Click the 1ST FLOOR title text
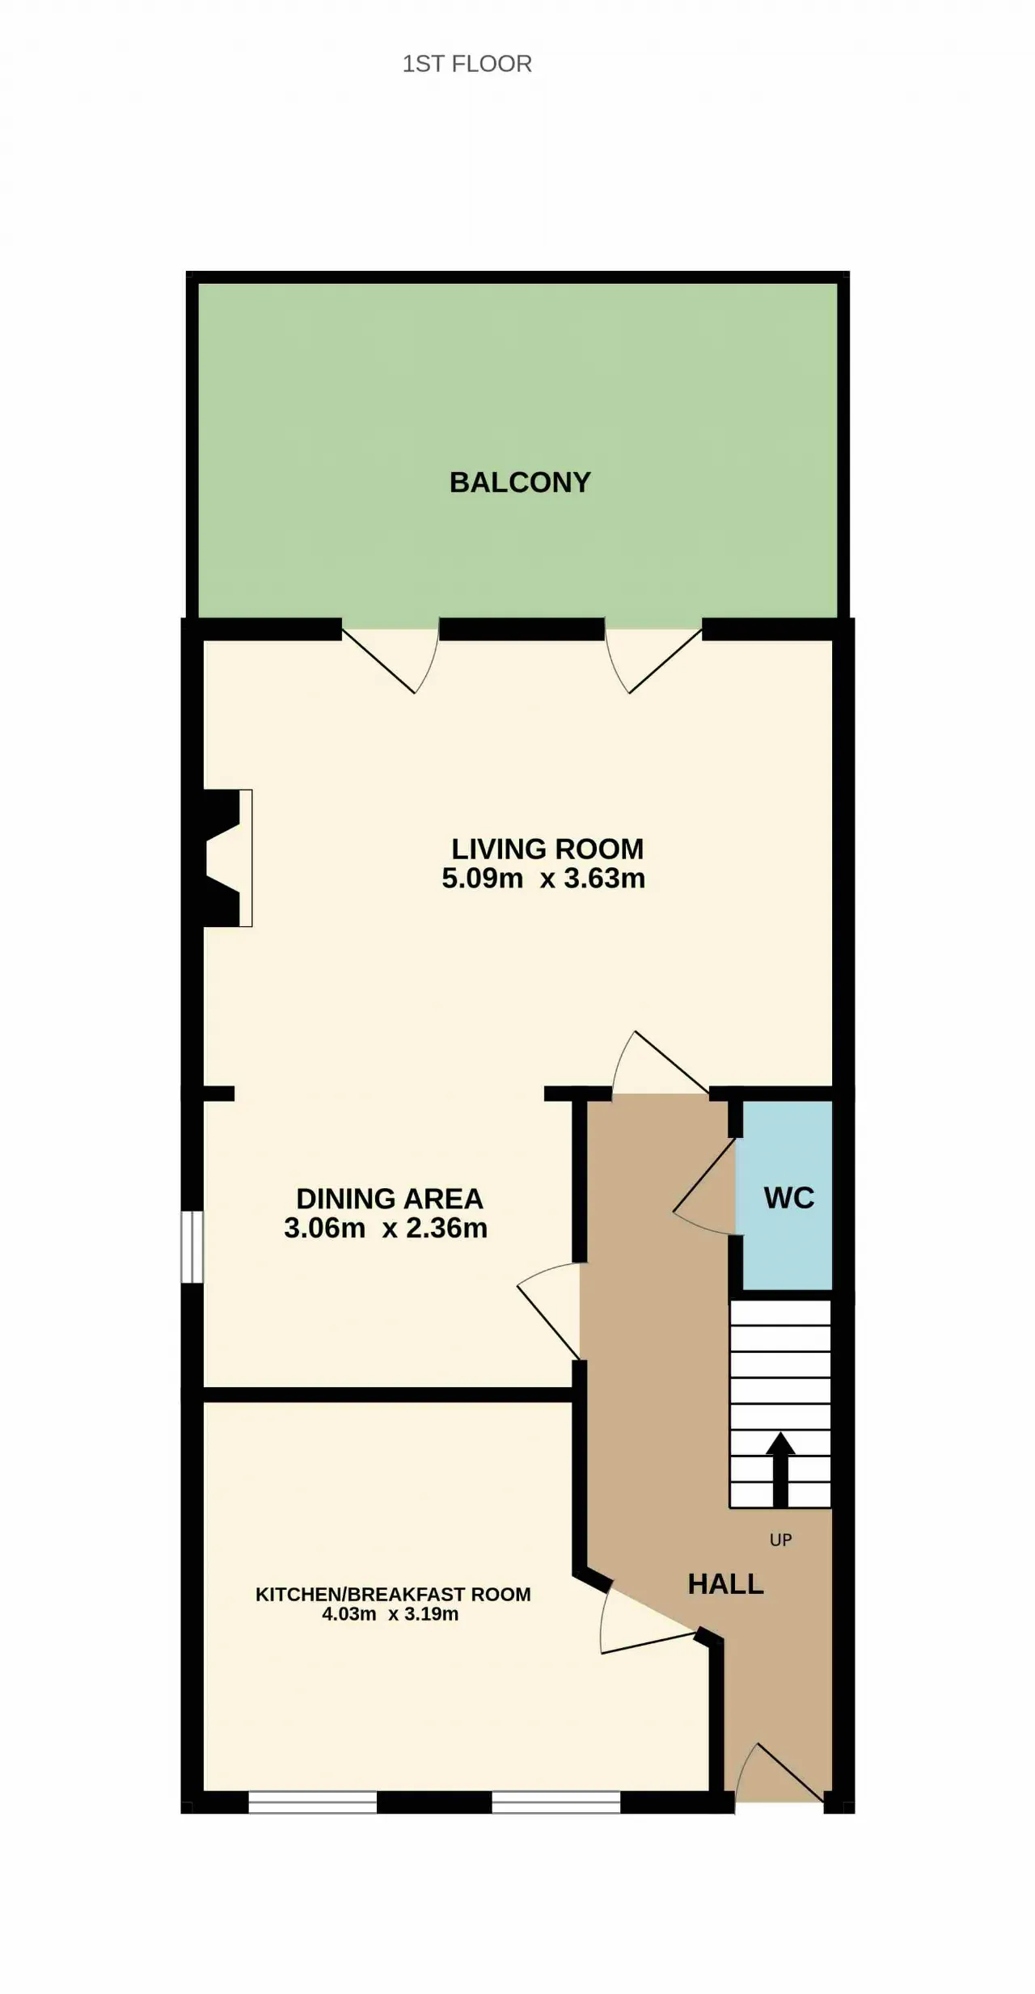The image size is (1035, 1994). tap(467, 64)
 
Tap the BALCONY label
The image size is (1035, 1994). tap(520, 483)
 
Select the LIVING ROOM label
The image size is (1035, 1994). tap(547, 849)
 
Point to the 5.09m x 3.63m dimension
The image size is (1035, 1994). tap(543, 879)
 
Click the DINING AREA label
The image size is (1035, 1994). tap(389, 1199)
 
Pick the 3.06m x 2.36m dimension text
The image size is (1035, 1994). tap(386, 1229)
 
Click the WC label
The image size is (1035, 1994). tap(789, 1198)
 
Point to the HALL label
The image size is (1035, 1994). tap(726, 1583)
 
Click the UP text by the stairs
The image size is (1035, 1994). tap(780, 1540)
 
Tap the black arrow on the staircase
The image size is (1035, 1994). tap(780, 1469)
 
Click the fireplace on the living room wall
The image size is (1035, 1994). tap(225, 858)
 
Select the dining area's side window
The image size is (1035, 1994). tap(192, 1246)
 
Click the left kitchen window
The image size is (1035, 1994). tap(312, 1802)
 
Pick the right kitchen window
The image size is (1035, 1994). tap(556, 1802)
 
